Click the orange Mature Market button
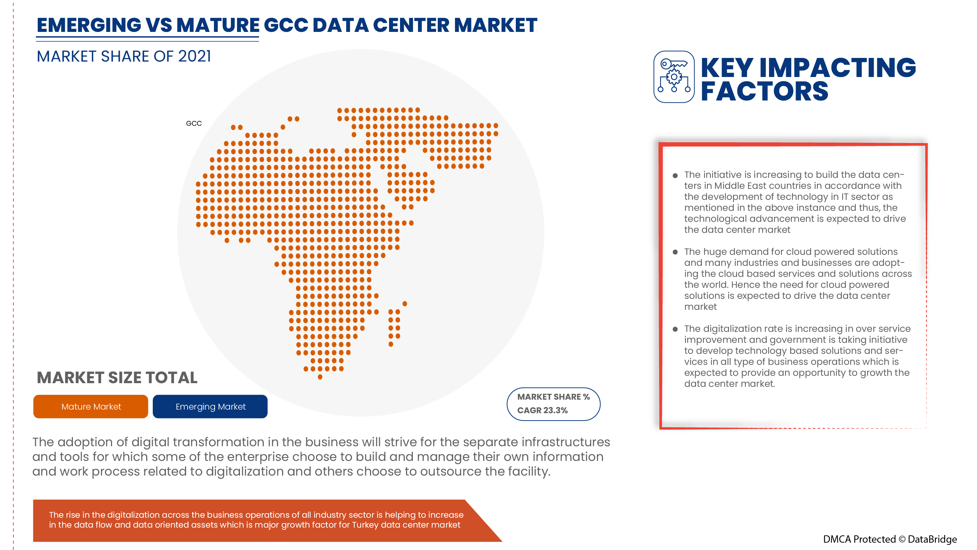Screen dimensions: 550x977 coord(90,407)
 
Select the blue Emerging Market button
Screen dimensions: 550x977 coord(210,407)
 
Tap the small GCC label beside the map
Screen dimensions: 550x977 coord(194,123)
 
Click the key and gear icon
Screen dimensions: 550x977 coord(674,77)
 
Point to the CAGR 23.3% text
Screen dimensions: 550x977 coord(543,410)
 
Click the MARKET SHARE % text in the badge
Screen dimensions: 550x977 coord(554,397)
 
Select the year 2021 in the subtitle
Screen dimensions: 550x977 coord(195,56)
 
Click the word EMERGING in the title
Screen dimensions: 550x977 coord(89,25)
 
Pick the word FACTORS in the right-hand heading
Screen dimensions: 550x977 coord(764,91)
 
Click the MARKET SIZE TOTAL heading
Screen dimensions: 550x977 coord(117,378)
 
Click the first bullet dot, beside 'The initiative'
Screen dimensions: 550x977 coord(675,176)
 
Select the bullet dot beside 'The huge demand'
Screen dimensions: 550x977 coord(675,252)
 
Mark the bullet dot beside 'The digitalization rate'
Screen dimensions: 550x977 coord(675,330)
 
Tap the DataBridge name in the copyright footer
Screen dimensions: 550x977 coord(932,539)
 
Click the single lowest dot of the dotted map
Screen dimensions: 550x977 coord(320,377)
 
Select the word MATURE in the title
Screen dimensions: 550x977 coord(218,25)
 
